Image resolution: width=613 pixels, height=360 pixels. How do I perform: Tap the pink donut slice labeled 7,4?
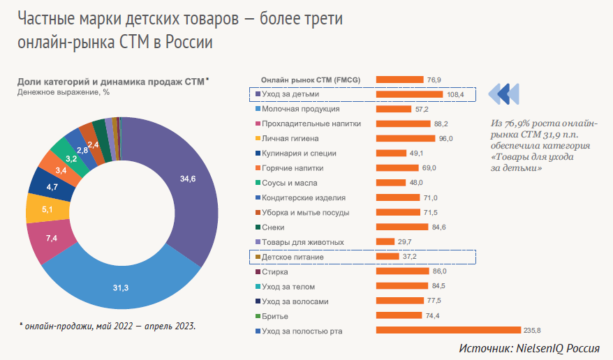[51, 239]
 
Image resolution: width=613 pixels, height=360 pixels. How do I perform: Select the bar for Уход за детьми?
[409, 94]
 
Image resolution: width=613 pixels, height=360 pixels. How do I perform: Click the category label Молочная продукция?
[300, 109]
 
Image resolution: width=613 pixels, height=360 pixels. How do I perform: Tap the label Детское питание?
[293, 257]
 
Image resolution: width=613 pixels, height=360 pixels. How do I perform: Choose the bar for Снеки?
[401, 227]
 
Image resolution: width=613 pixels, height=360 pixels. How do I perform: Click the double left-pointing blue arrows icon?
[503, 93]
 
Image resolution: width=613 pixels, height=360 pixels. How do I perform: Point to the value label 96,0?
[446, 139]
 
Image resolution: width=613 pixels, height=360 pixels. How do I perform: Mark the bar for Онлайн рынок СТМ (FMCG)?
[399, 80]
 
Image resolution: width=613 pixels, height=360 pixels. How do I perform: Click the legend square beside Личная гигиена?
[258, 139]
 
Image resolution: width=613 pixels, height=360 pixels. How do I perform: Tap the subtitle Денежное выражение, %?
[64, 91]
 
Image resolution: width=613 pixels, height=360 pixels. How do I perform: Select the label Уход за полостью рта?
[302, 331]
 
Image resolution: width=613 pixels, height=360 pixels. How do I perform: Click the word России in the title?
[189, 43]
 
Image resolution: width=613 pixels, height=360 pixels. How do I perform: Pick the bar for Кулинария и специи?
[391, 153]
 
